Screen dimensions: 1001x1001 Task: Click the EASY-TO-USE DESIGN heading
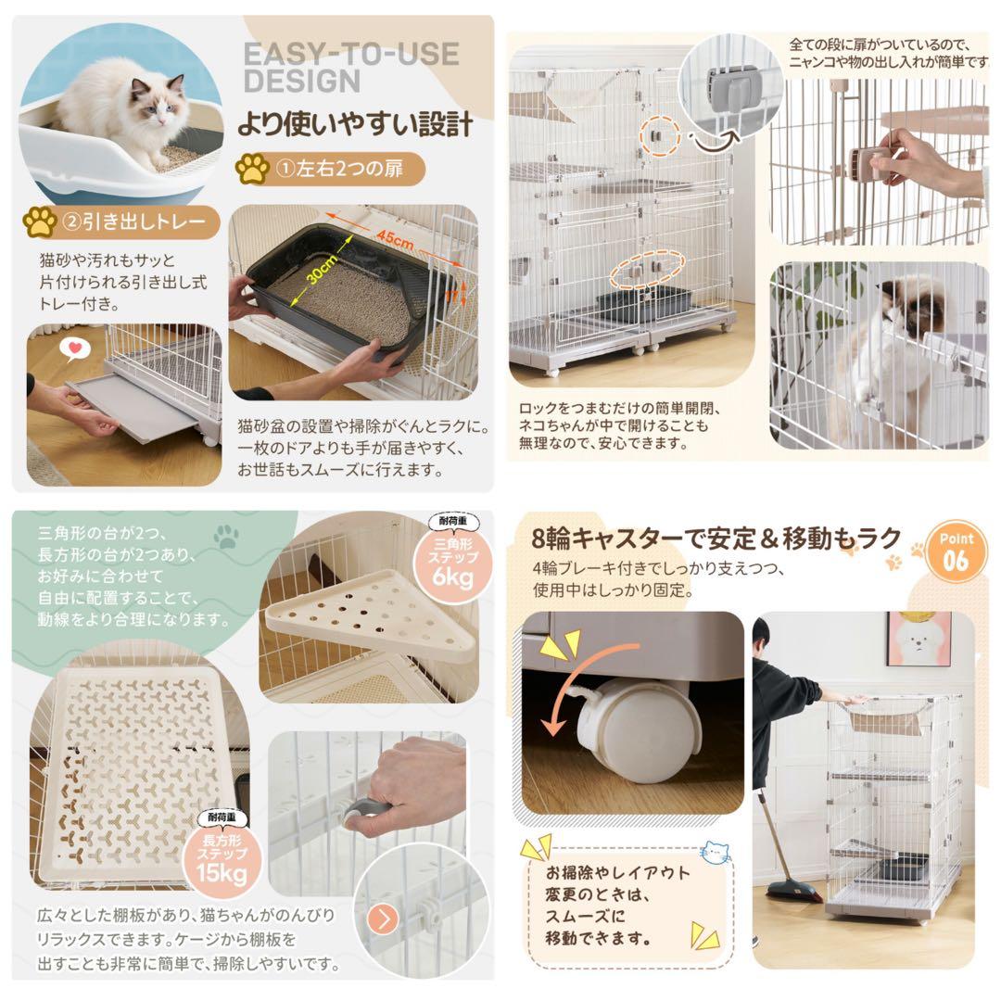coord(350,66)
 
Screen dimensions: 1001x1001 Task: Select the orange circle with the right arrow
coord(384,919)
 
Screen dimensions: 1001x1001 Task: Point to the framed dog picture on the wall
coord(918,639)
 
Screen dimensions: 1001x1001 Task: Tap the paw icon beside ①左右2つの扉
coord(252,169)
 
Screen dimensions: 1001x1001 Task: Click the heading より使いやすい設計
coord(354,123)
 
